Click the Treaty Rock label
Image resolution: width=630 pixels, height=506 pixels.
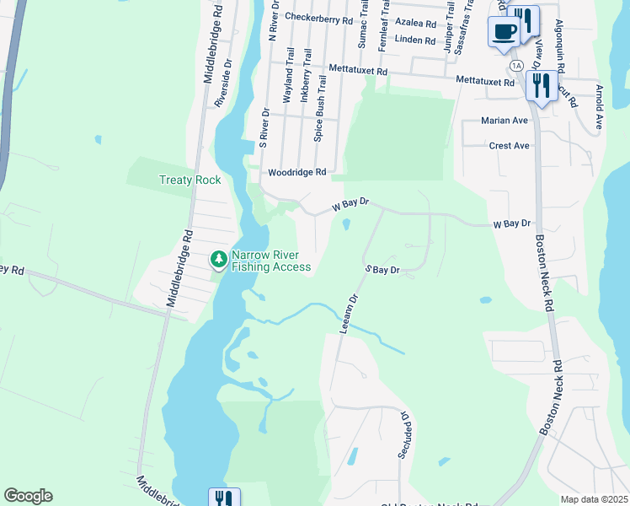click(190, 180)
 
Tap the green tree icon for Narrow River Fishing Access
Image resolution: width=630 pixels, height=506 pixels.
click(219, 258)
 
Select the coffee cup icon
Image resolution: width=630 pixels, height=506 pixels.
click(505, 33)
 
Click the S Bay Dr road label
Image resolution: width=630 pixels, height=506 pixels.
click(381, 270)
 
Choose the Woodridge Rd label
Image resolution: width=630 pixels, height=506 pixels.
click(296, 172)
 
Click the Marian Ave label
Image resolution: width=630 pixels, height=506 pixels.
click(504, 121)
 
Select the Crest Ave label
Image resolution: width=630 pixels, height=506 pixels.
click(509, 146)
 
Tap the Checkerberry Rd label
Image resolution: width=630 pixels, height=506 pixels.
click(318, 17)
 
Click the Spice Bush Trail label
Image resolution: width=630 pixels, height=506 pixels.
click(319, 117)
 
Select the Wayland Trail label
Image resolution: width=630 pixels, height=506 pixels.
click(289, 81)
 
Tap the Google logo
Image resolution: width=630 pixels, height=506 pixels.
click(28, 496)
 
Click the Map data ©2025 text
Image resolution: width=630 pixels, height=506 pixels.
click(593, 499)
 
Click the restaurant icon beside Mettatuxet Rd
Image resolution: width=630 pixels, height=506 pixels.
click(539, 85)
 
